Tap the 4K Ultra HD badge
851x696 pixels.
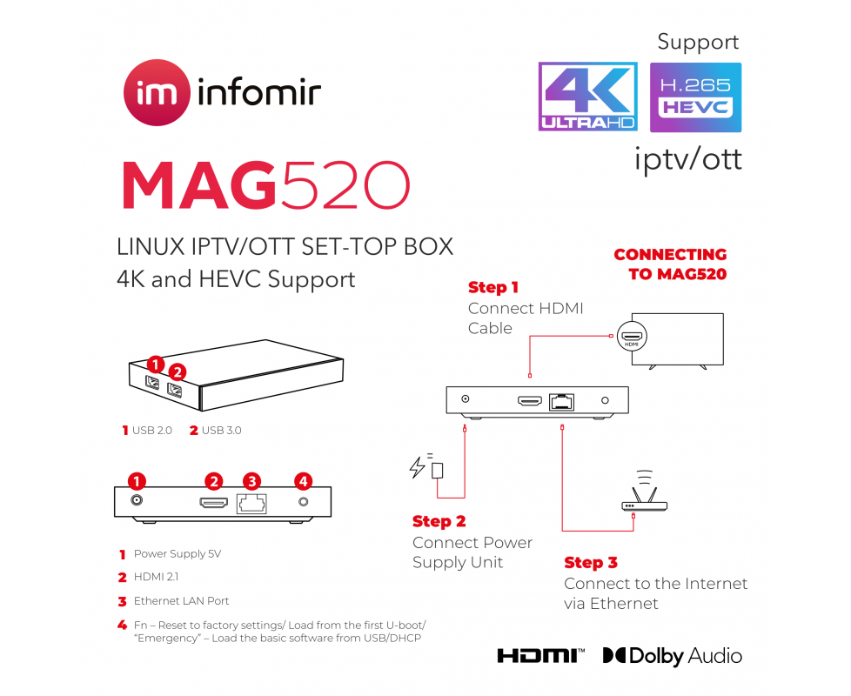click(x=587, y=97)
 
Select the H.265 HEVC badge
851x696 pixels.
click(x=695, y=97)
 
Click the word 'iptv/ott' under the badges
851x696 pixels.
click(x=687, y=159)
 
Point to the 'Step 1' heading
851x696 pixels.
click(x=493, y=287)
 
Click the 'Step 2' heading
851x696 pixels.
click(x=439, y=521)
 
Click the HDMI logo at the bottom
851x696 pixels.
click(x=540, y=655)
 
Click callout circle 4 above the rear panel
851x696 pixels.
click(x=303, y=480)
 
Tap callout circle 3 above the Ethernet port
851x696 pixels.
click(x=251, y=480)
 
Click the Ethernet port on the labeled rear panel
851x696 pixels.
click(x=251, y=503)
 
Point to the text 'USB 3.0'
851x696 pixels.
click(x=222, y=430)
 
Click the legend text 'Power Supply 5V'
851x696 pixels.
click(x=177, y=553)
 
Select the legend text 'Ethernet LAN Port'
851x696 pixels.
click(x=181, y=600)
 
